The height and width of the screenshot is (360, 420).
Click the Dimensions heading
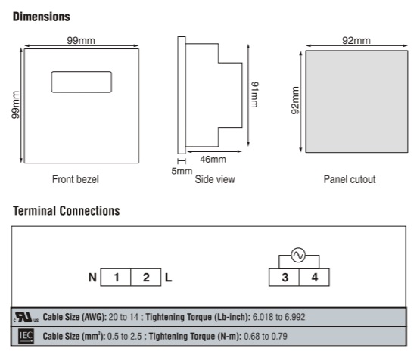pyautogui.click(x=42, y=17)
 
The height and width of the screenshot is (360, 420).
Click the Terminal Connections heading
pyautogui.click(x=67, y=211)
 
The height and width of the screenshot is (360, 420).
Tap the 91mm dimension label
pyautogui.click(x=254, y=95)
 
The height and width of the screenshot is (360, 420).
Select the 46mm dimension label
pyautogui.click(x=213, y=160)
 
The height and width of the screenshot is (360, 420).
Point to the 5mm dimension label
pyautogui.click(x=182, y=171)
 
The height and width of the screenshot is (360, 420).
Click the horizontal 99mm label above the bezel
pyautogui.click(x=81, y=40)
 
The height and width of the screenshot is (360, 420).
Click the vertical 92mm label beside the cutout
pyautogui.click(x=295, y=101)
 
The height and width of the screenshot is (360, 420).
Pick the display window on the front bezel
pyautogui.click(x=82, y=82)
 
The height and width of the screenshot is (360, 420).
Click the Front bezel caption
pyautogui.click(x=76, y=179)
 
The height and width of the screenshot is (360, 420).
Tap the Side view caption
pyautogui.click(x=215, y=179)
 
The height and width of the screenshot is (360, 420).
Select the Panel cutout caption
pyautogui.click(x=350, y=179)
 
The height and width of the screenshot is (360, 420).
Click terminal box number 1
pyautogui.click(x=116, y=278)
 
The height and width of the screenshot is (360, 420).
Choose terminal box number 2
pyautogui.click(x=146, y=278)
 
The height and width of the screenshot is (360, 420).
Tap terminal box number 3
pyautogui.click(x=285, y=278)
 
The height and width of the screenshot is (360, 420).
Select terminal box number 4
pyautogui.click(x=315, y=278)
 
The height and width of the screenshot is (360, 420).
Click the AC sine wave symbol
pyautogui.click(x=298, y=255)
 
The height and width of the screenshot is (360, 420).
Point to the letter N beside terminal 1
pyautogui.click(x=92, y=278)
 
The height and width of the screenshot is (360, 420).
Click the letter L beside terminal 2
pyautogui.click(x=169, y=278)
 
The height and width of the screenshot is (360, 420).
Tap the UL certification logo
pyautogui.click(x=26, y=317)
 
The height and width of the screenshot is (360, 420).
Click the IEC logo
pyautogui.click(x=26, y=337)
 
